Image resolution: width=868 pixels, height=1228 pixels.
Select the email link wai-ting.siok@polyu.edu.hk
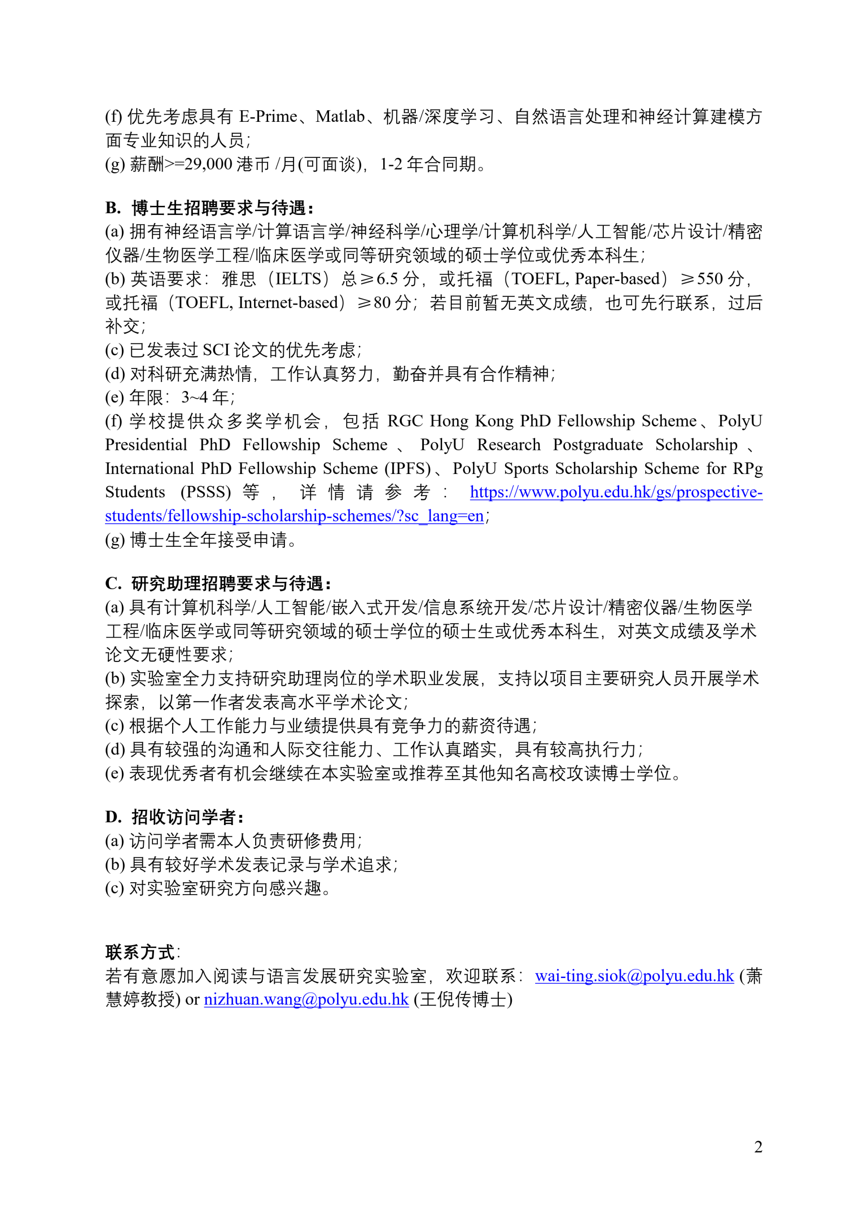point(634,976)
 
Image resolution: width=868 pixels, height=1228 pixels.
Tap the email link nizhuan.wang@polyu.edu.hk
point(306,1000)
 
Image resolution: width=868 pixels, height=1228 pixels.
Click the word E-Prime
point(268,117)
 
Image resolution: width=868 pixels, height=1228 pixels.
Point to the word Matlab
point(340,117)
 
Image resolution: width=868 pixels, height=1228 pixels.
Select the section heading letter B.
point(112,208)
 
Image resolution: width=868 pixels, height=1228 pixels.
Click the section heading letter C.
point(112,583)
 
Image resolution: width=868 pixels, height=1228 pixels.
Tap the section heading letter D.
point(112,817)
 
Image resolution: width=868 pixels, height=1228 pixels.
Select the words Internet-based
point(288,303)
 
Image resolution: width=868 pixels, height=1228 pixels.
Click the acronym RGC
point(405,421)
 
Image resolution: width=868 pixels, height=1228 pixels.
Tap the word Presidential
point(146,445)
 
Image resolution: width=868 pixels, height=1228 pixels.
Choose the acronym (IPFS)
point(408,469)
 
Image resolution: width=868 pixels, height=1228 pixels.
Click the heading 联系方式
point(140,952)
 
